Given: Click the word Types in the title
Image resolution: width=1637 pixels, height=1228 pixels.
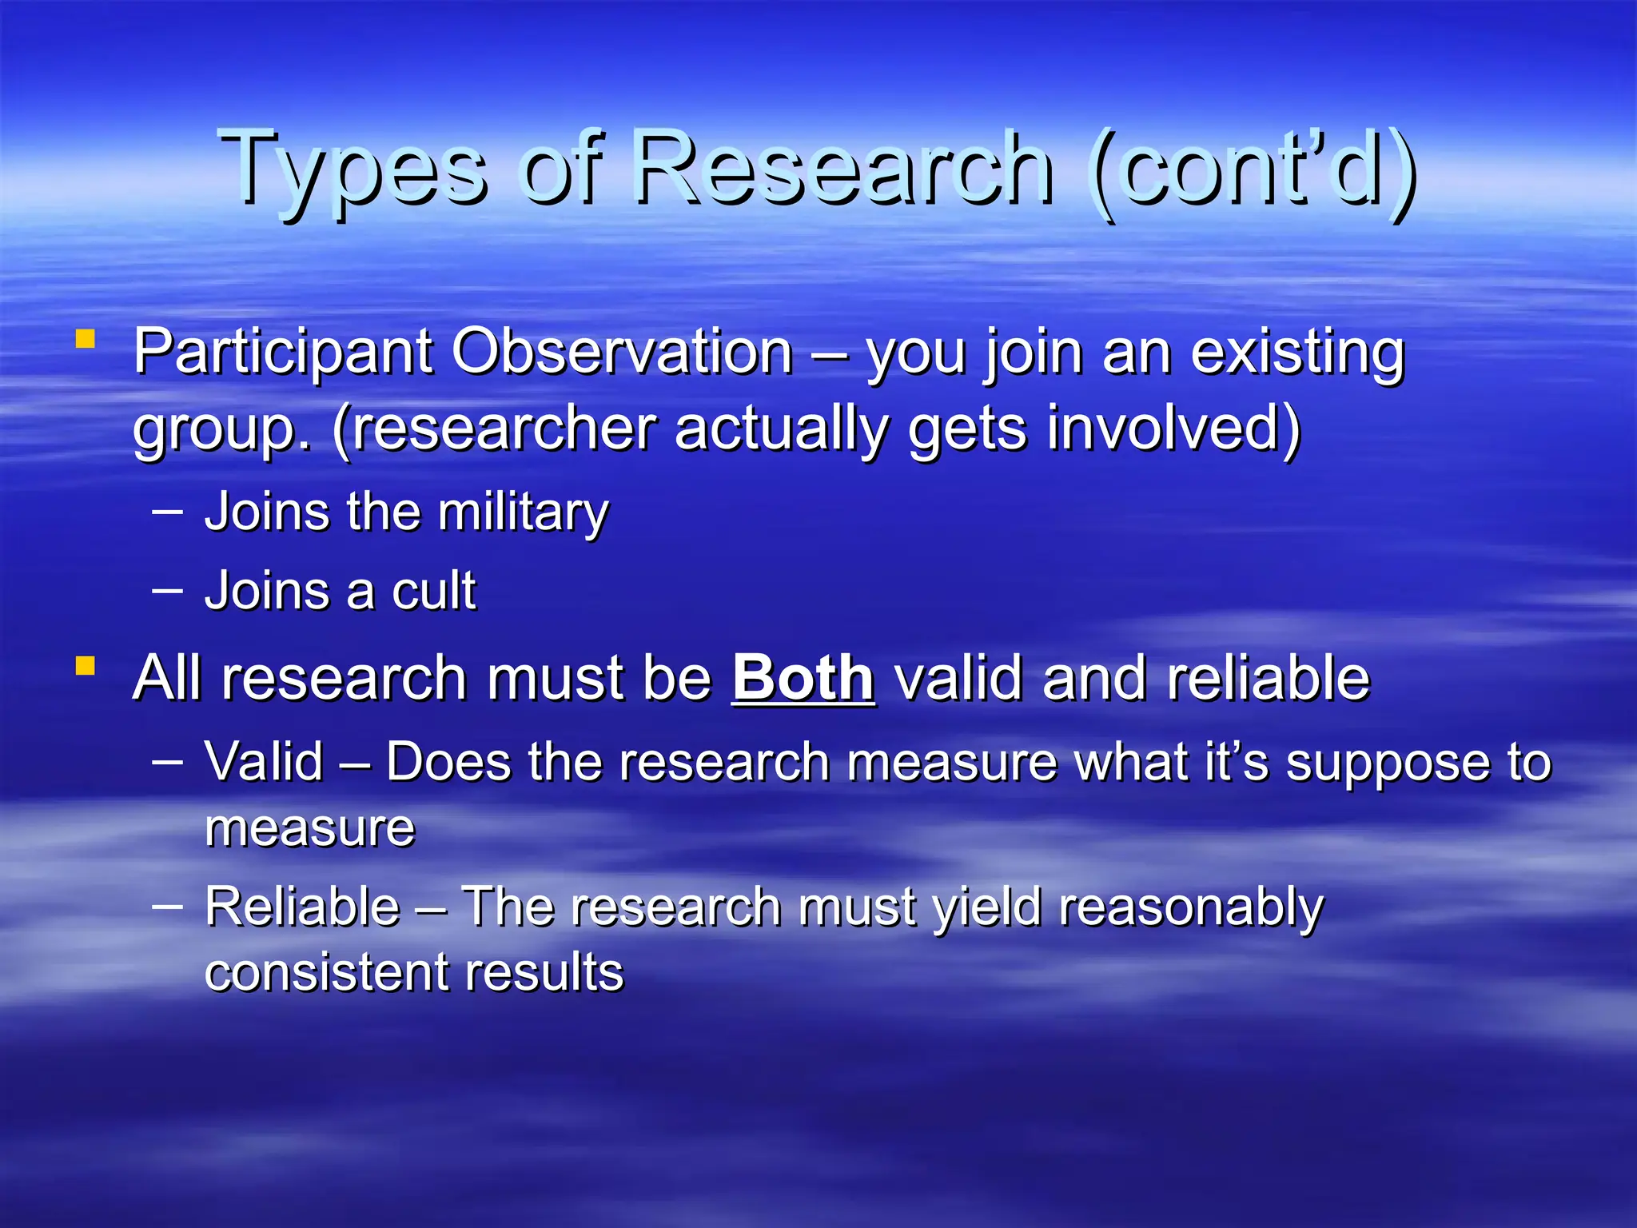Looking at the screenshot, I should click(x=352, y=169).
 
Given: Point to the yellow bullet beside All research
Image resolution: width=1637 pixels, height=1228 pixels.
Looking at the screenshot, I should click(x=86, y=665).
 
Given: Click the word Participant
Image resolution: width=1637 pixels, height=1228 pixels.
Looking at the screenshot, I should click(x=282, y=353).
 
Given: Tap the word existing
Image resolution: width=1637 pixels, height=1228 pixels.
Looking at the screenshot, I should click(x=1296, y=353).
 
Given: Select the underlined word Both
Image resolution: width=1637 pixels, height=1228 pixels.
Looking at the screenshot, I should click(x=803, y=678).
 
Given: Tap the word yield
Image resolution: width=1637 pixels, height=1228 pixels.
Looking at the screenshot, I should click(x=986, y=908).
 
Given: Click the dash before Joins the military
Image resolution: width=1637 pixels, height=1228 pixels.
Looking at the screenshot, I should click(x=167, y=510).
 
